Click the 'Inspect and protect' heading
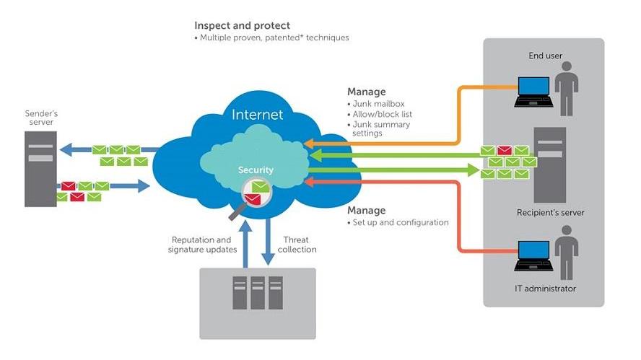coord(242,26)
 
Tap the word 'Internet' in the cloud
coord(257,115)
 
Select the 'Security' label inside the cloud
coord(256,170)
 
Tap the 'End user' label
coord(546,56)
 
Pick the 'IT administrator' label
coord(546,289)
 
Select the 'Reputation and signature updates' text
coord(202,245)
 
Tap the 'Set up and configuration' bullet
coord(400,222)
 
